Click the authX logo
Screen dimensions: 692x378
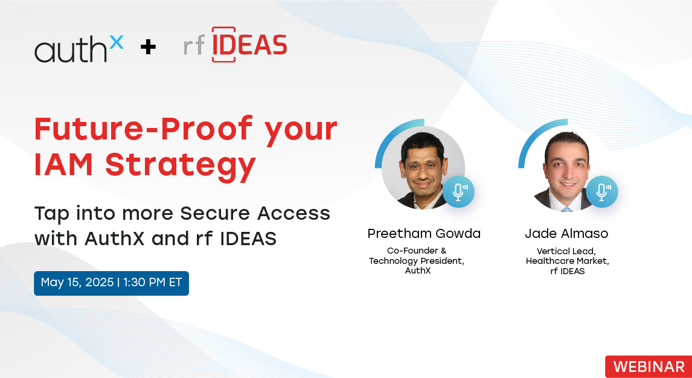(79, 49)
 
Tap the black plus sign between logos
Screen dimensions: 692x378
(149, 47)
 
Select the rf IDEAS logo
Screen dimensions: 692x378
(235, 45)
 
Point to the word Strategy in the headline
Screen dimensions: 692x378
(180, 165)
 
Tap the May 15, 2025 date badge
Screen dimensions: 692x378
(111, 283)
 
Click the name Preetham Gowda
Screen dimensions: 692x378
(424, 233)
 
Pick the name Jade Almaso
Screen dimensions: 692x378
(566, 233)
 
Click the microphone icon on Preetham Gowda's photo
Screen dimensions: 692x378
(458, 192)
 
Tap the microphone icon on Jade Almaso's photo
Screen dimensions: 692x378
(601, 192)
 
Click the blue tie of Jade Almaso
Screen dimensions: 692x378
(566, 209)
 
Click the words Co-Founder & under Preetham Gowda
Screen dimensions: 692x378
(417, 251)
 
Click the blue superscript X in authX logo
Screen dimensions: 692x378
(116, 42)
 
